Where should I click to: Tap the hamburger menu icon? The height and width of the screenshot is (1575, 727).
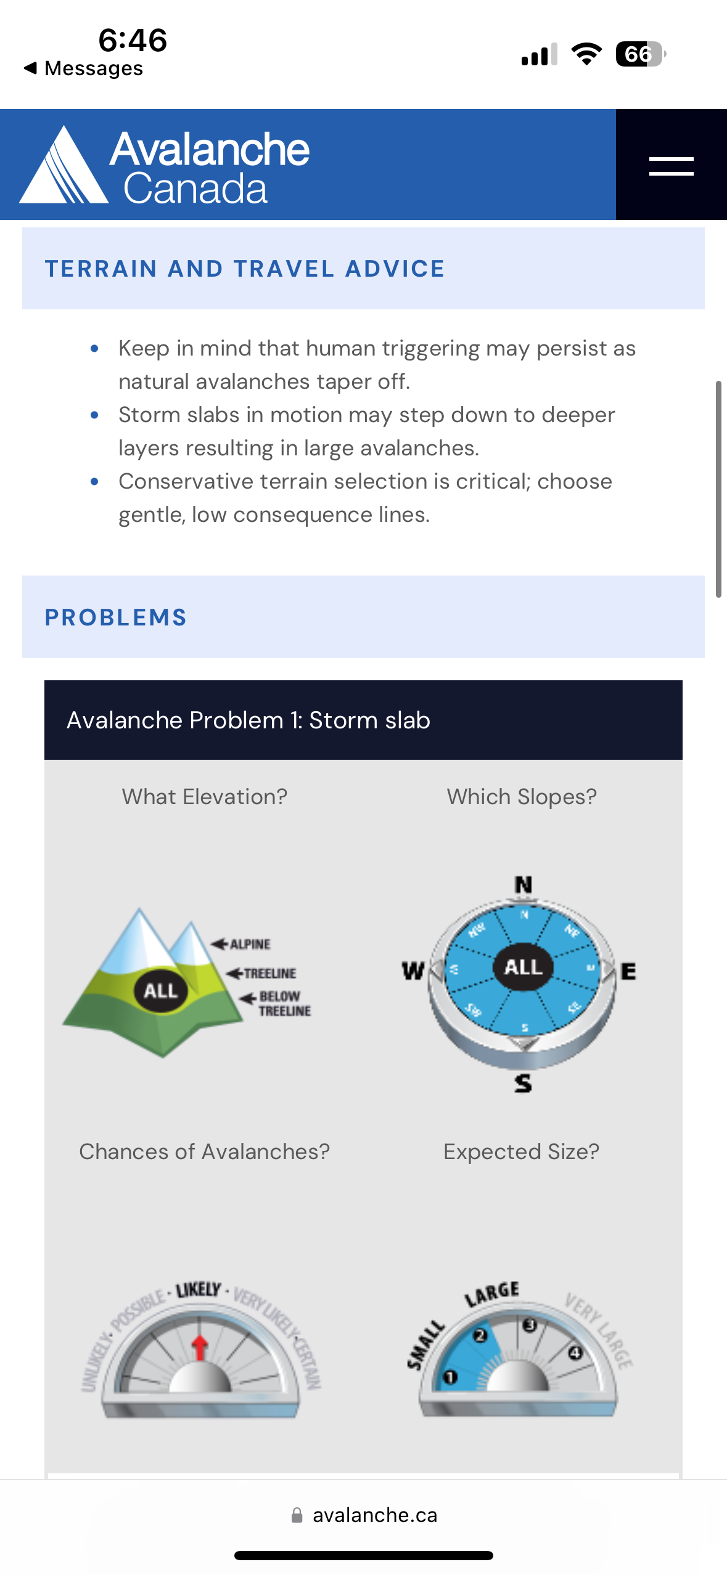tap(671, 166)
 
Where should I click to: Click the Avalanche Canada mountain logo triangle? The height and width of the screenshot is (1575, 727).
tap(64, 166)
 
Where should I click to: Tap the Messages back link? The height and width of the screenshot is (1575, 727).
tap(84, 68)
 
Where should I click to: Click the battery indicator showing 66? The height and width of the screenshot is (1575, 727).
tap(640, 54)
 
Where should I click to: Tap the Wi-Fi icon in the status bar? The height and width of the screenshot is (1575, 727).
tap(586, 54)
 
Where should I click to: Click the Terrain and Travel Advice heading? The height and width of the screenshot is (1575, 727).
tap(245, 269)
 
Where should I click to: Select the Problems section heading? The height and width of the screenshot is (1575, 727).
tap(116, 617)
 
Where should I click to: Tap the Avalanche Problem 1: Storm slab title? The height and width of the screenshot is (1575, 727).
tap(248, 720)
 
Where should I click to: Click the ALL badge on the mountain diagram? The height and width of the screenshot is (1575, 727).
tap(161, 990)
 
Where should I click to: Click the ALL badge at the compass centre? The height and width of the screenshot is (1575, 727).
tap(524, 967)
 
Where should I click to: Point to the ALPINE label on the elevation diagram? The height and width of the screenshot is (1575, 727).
tap(250, 944)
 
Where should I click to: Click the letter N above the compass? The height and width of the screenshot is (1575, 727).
tap(524, 885)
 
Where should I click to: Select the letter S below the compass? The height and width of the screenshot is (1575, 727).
tap(524, 1083)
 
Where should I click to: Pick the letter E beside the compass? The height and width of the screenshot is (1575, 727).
tap(628, 972)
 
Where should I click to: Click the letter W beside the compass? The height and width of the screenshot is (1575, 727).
tap(413, 971)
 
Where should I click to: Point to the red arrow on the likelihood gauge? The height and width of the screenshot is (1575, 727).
tap(199, 1347)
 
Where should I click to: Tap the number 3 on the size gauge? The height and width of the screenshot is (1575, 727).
tap(530, 1325)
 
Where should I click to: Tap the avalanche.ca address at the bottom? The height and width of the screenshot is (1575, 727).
tap(374, 1515)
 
